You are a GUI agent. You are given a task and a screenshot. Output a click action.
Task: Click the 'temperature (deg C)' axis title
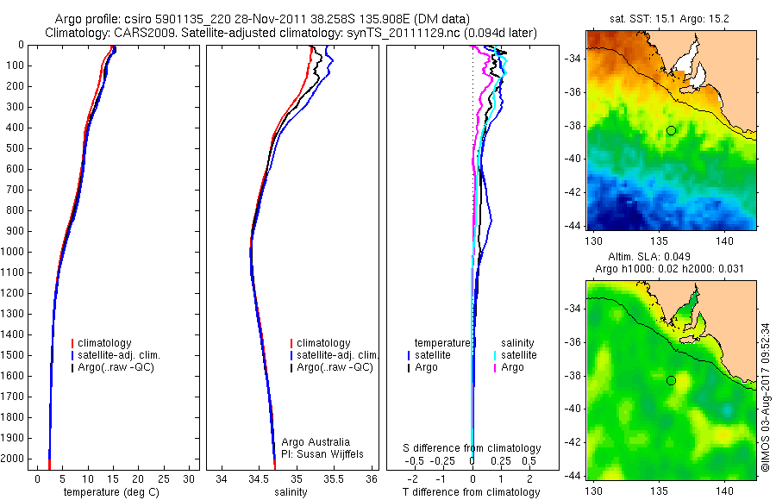(x=111, y=492)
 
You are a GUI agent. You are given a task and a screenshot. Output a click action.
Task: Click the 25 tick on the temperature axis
(x=164, y=478)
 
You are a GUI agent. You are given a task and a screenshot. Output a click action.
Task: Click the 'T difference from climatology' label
(x=472, y=492)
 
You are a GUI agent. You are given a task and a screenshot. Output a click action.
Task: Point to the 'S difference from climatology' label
(x=472, y=448)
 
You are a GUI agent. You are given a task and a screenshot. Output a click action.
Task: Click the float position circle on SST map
(x=671, y=130)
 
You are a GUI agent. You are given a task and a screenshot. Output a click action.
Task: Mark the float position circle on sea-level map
(x=671, y=380)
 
